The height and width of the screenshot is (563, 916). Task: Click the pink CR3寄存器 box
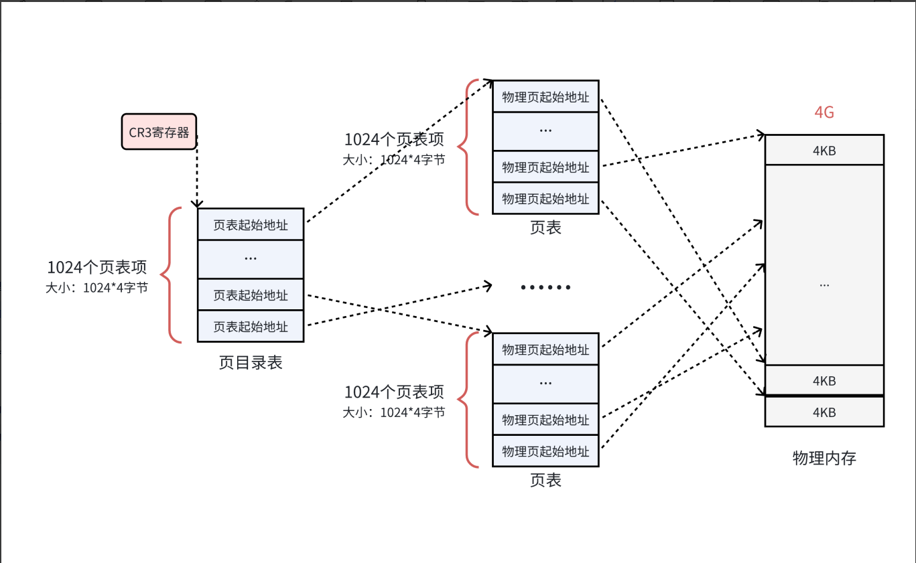(x=159, y=131)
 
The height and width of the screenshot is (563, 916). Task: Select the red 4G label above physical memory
(x=824, y=112)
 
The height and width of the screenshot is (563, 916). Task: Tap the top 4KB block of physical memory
(x=824, y=150)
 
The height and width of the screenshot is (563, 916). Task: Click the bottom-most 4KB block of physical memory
(x=824, y=412)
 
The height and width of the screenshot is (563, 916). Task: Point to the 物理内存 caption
(x=824, y=459)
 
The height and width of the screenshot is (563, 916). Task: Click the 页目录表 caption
(x=251, y=363)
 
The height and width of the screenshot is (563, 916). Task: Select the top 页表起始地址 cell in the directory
(x=251, y=225)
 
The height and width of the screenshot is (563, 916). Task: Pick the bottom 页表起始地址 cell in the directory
(x=251, y=327)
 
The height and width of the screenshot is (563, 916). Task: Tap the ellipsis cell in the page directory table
(x=251, y=258)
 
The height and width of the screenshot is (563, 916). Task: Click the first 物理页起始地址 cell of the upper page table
(x=545, y=97)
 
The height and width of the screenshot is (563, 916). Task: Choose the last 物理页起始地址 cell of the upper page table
(x=545, y=199)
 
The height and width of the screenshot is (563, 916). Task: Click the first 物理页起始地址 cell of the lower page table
(x=545, y=349)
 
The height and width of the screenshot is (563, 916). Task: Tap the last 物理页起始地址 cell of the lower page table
(x=545, y=451)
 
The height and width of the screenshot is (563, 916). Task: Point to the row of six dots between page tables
(x=545, y=288)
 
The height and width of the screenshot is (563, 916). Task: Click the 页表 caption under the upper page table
(x=545, y=228)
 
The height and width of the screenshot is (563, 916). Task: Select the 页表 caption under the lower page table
(x=545, y=480)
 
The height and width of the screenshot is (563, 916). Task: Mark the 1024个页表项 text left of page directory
(x=96, y=268)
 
